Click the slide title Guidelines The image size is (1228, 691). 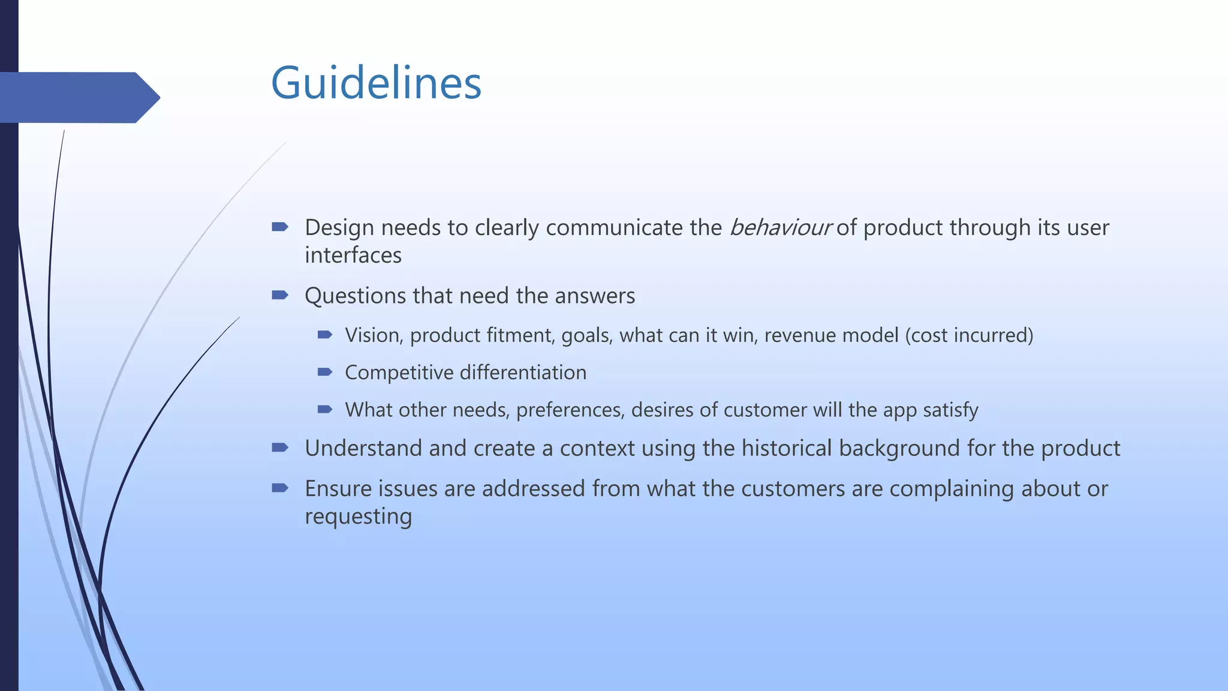pos(376,83)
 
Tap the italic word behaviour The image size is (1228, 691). pos(780,228)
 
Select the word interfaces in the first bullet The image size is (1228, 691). pos(353,256)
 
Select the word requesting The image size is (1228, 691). pos(358,516)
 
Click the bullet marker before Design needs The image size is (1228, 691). pos(280,227)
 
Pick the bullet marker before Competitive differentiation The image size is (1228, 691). pos(325,372)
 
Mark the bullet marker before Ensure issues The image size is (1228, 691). pos(280,488)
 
